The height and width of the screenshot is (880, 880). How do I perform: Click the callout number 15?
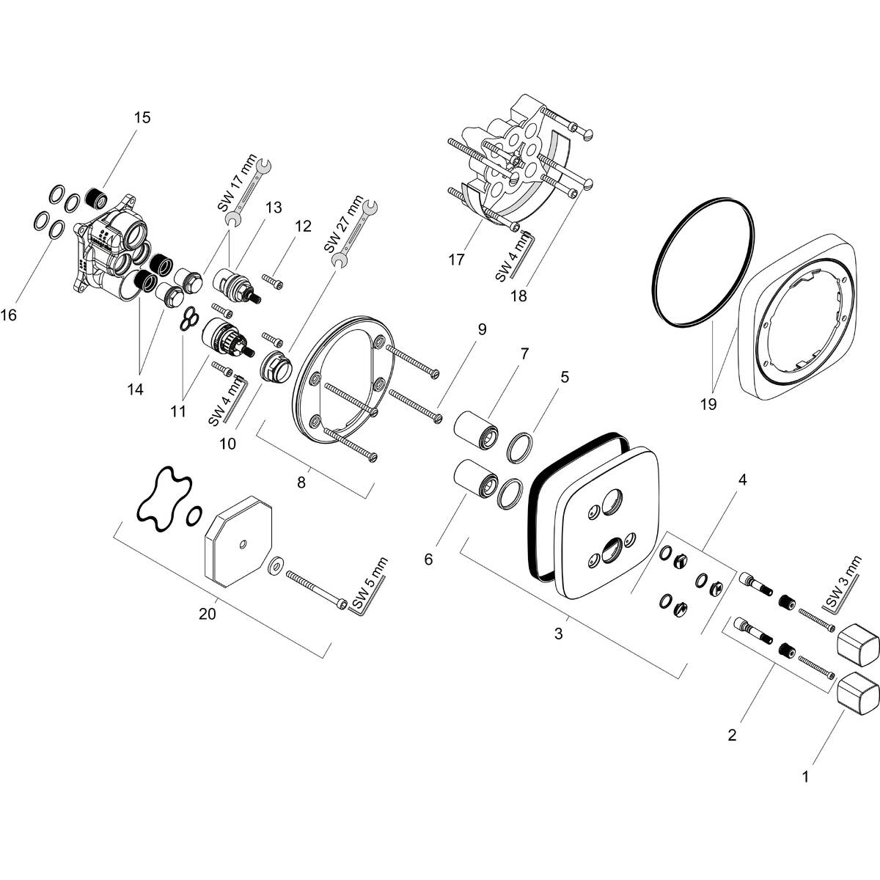click(x=142, y=117)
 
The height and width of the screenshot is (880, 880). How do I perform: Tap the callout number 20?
click(x=208, y=615)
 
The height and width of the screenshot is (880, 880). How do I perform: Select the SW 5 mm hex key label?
click(x=370, y=584)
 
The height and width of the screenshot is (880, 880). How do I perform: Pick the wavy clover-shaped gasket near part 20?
click(x=163, y=499)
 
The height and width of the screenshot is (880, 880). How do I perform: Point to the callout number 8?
click(x=301, y=483)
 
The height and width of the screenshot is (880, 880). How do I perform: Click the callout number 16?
click(x=8, y=315)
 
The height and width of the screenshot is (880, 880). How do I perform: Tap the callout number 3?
click(x=559, y=634)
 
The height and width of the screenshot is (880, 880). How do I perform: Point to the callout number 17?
click(x=456, y=260)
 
